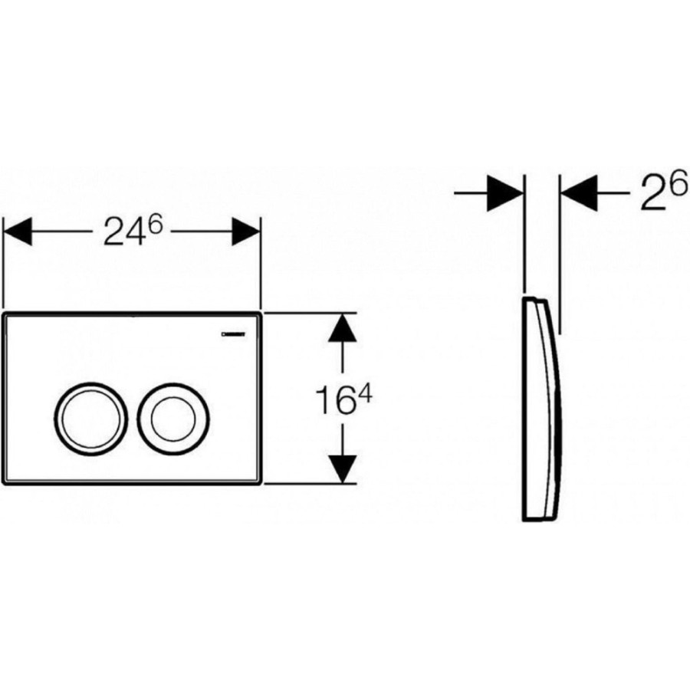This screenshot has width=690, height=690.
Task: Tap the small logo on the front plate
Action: pyautogui.click(x=233, y=334)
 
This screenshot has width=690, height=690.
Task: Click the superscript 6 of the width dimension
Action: pyautogui.click(x=154, y=225)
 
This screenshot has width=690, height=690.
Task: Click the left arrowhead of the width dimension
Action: pyautogui.click(x=18, y=232)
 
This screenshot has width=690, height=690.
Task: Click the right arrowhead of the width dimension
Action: pyautogui.click(x=246, y=232)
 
